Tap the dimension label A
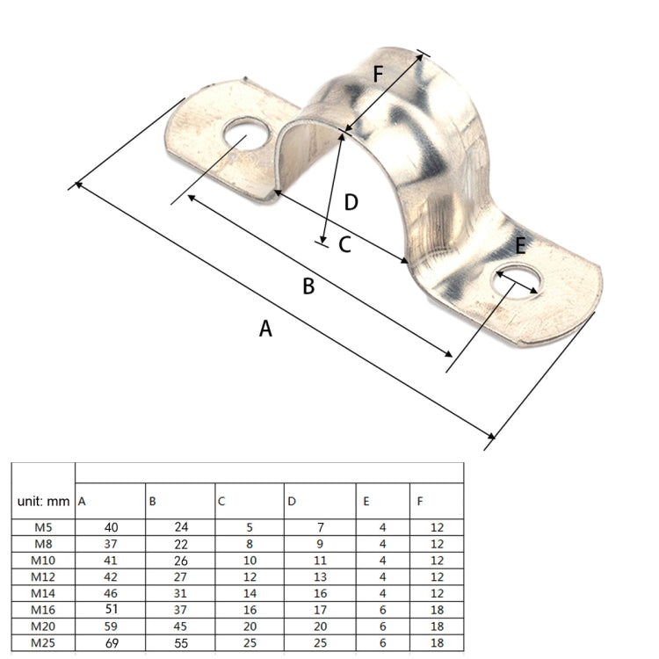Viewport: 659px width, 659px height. point(265,329)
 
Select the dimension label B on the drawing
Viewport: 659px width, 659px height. point(308,286)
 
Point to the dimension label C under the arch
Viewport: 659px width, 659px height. point(344,245)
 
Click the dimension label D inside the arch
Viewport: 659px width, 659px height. point(351,203)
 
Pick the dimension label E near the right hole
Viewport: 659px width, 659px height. point(520,246)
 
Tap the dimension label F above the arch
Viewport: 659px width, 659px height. point(378,75)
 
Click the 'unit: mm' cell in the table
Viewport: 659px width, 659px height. point(43,502)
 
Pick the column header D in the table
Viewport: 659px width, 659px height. point(292,502)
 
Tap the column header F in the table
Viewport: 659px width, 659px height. point(420,502)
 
